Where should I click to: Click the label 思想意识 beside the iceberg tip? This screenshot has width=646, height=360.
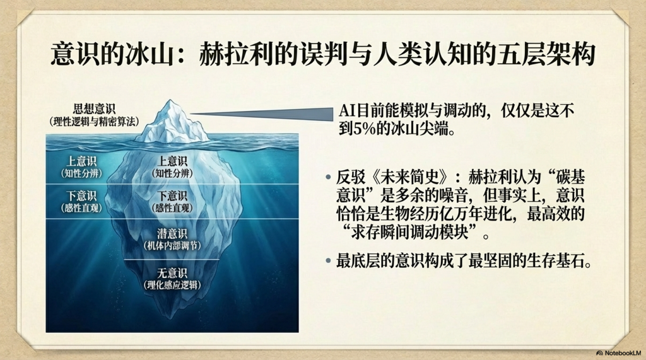pos(95,109)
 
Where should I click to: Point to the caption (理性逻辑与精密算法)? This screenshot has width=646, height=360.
pos(95,122)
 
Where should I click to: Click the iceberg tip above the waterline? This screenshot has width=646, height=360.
pos(172,122)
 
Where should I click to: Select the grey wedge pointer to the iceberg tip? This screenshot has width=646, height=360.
pos(262,113)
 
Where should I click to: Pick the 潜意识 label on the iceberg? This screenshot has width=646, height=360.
pos(172,233)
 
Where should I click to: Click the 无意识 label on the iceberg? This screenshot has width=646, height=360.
pos(172,272)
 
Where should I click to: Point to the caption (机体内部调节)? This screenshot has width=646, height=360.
pos(172,246)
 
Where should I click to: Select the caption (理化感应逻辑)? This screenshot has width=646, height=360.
pos(172,285)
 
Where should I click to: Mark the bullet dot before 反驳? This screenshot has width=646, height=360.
pos(328,178)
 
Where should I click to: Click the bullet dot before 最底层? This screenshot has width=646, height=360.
pos(328,261)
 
